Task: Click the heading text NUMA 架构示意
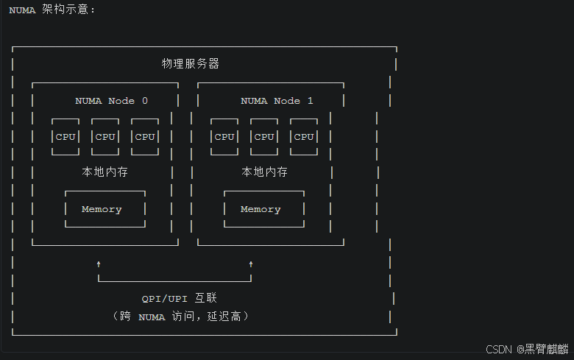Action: (x=52, y=10)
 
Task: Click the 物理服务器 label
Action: (x=191, y=64)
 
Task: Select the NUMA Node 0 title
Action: (x=111, y=101)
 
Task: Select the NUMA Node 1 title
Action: (x=277, y=101)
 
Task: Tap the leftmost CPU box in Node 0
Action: (x=65, y=137)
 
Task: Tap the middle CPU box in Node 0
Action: (x=105, y=137)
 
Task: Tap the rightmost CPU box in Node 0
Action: (x=145, y=137)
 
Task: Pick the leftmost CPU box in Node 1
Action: (x=224, y=137)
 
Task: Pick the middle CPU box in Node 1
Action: (x=264, y=137)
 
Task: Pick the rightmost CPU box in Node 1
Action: (x=303, y=137)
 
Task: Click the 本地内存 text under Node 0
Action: (x=104, y=172)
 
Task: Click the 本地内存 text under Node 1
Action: (x=264, y=172)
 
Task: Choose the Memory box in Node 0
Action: (x=102, y=209)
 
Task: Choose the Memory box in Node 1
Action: (x=261, y=209)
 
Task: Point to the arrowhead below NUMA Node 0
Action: (x=99, y=263)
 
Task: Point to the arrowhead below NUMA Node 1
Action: (x=251, y=263)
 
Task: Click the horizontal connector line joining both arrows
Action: (x=175, y=280)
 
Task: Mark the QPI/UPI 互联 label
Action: (x=180, y=299)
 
